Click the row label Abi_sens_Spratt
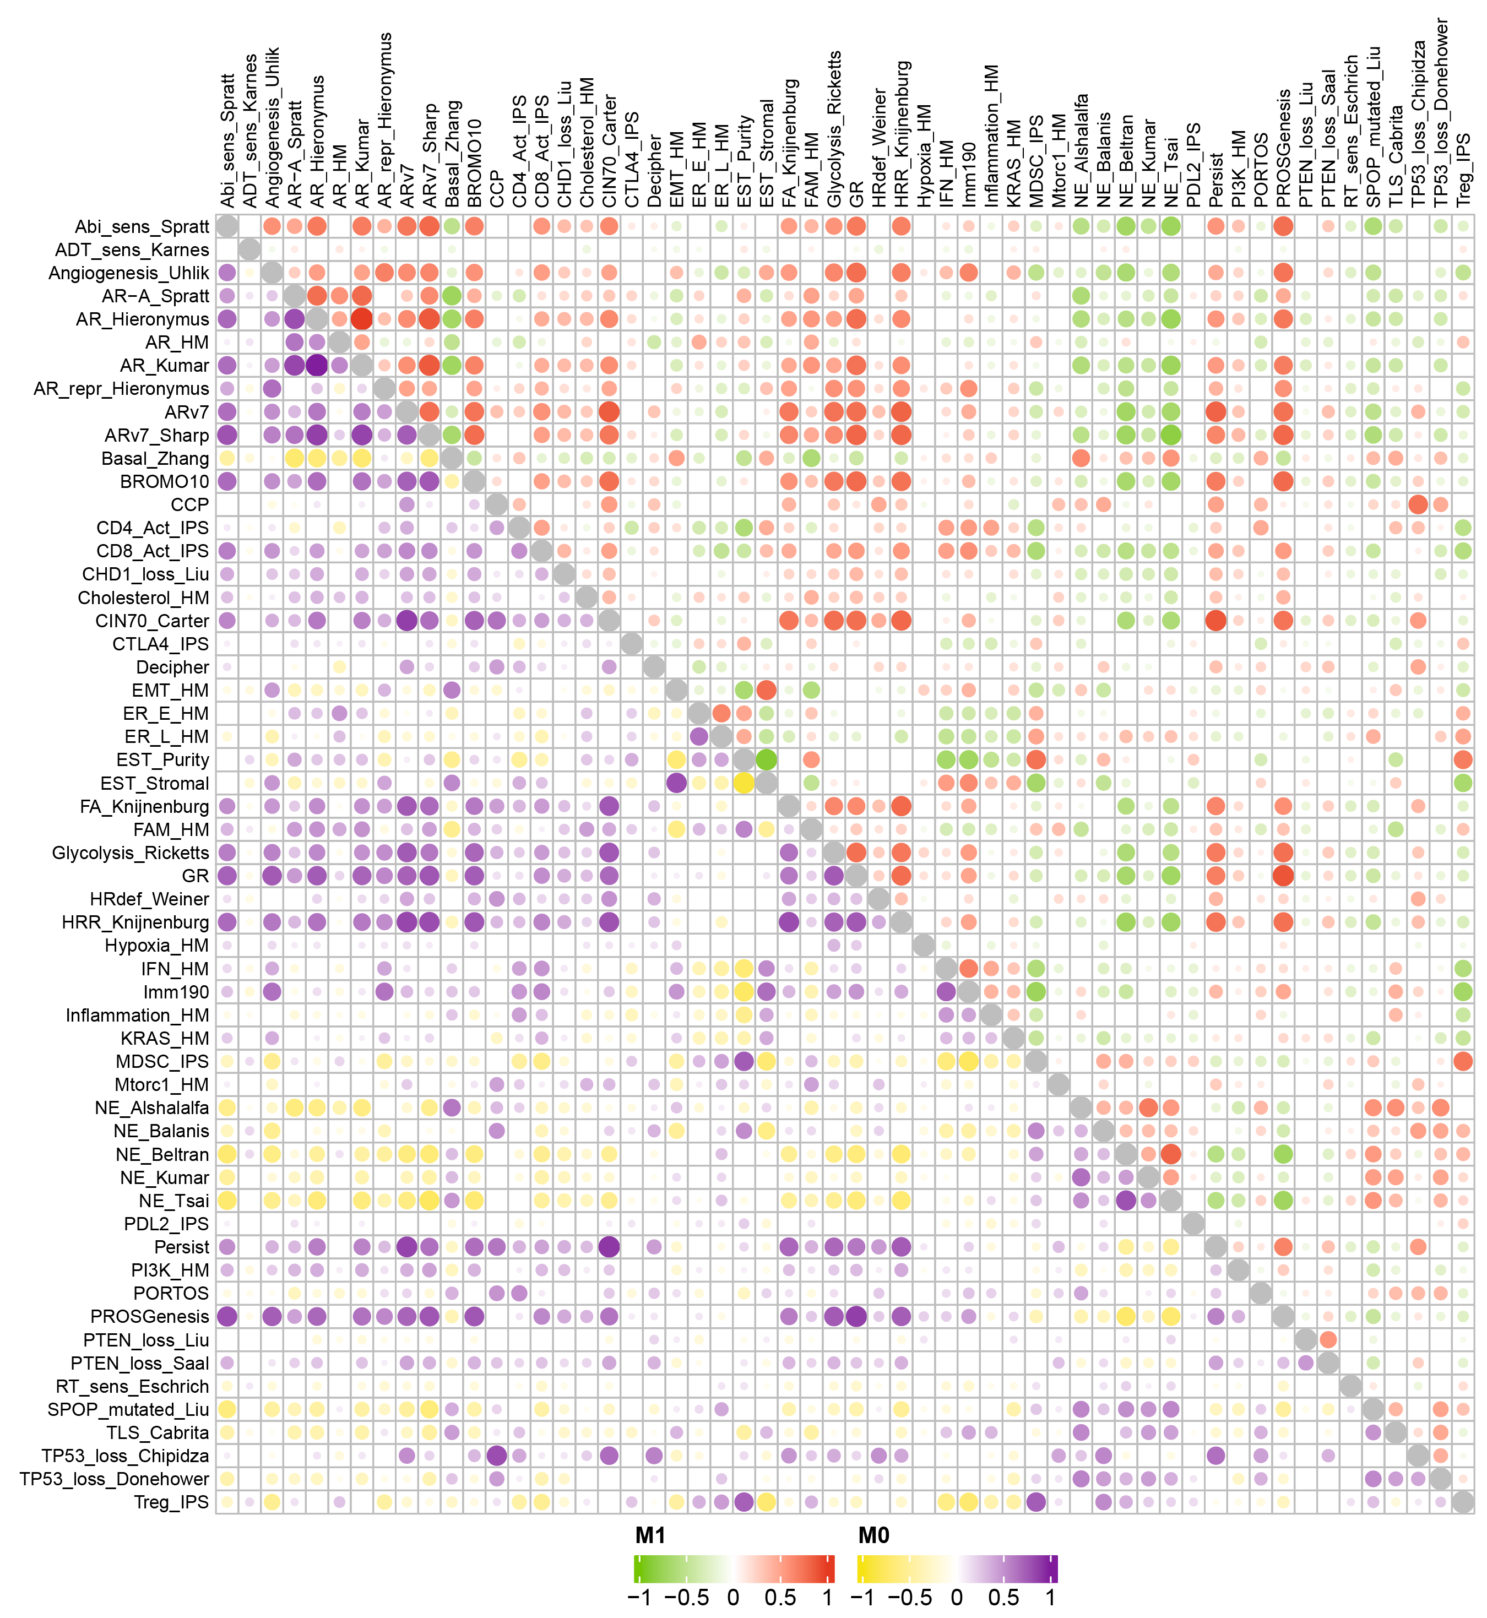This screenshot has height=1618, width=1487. (142, 227)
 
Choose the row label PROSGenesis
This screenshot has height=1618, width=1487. (150, 1317)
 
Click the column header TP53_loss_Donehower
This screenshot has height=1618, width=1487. (1441, 113)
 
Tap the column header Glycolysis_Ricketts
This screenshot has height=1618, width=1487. (834, 129)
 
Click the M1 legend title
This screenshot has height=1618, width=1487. (650, 1536)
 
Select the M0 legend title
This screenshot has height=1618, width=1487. (874, 1536)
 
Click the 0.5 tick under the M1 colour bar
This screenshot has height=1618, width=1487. (780, 1597)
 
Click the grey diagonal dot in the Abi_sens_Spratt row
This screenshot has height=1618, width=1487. (227, 226)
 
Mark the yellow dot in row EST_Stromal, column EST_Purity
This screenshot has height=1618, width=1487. (744, 783)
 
